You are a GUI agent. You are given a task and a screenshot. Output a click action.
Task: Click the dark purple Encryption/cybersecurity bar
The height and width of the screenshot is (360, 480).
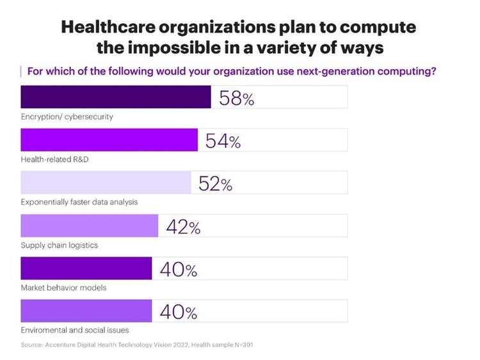coord(116,97)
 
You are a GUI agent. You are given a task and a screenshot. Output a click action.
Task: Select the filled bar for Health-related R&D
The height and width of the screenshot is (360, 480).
coord(109,140)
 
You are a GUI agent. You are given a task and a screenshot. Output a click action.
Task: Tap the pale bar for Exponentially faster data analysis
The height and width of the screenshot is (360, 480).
coord(106,183)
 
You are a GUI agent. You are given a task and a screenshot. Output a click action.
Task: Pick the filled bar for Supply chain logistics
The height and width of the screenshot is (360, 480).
coord(90,226)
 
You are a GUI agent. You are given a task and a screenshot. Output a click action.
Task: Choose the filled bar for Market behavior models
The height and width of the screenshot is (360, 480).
coord(86,269)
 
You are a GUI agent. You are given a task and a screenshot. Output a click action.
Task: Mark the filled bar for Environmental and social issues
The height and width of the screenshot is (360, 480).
coord(86,311)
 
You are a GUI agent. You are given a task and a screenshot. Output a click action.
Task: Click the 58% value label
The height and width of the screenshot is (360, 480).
coord(236,98)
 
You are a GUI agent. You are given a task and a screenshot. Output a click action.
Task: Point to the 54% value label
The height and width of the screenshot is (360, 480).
coord(223,141)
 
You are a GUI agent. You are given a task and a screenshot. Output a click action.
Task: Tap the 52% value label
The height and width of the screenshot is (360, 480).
coord(216,184)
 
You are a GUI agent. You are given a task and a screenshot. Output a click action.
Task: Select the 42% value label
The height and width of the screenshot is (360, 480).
coord(183,226)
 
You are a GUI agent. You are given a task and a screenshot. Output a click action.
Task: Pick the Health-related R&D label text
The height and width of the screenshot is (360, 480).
coord(54,159)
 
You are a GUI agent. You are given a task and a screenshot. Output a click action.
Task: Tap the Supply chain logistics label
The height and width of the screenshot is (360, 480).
coord(59,245)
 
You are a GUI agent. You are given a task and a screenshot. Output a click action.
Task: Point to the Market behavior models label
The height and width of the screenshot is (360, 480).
coord(63,288)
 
